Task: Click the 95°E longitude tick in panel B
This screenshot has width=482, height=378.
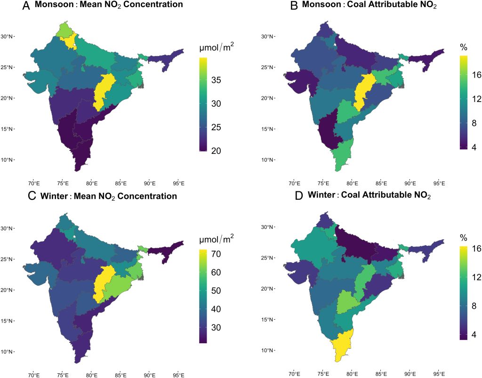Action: click(439, 183)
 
